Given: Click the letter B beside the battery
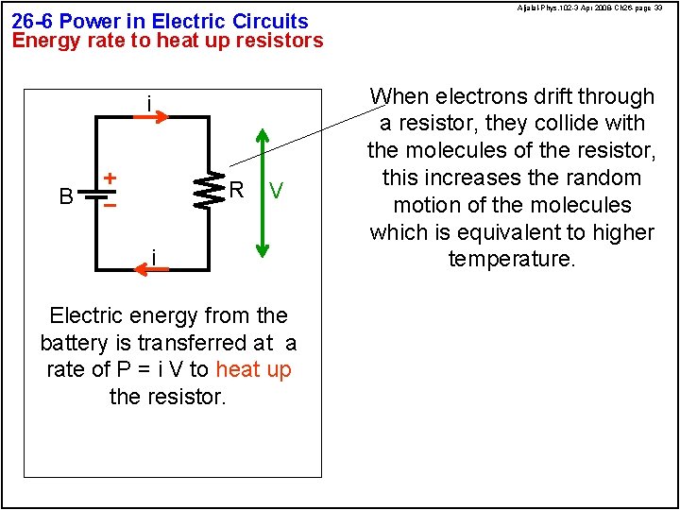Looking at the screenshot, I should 66,196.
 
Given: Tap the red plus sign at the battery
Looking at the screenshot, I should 110,178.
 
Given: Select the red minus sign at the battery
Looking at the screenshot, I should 110,204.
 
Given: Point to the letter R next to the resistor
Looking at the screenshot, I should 238,190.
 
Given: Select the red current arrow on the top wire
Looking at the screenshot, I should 150,117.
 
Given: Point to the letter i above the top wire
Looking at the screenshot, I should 148,102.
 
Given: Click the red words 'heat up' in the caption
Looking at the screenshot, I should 254,369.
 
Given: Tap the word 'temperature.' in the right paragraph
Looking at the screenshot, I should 512,259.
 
